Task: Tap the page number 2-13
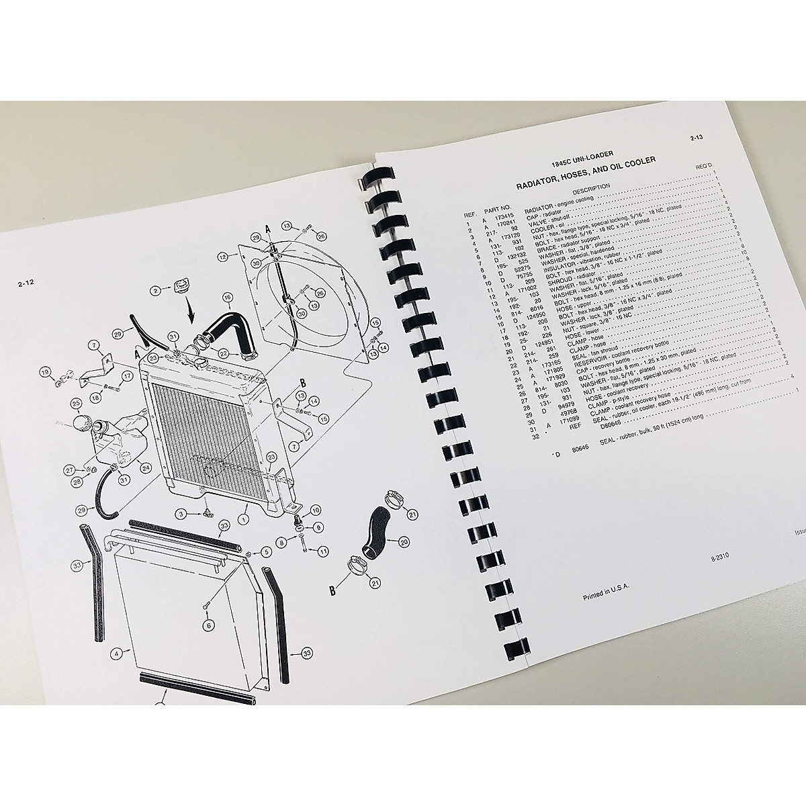[x=697, y=139]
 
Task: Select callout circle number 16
[x=226, y=297]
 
